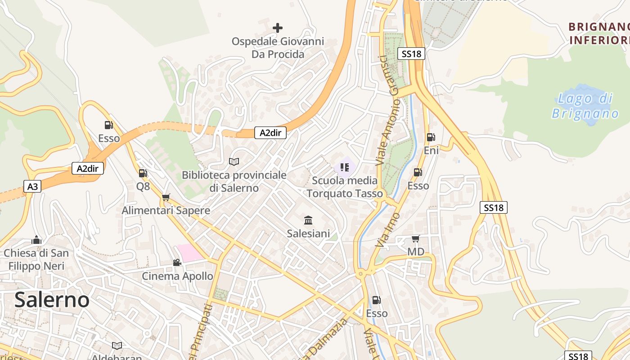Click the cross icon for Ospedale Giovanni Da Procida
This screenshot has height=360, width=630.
(x=278, y=28)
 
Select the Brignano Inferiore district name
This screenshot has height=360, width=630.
(x=599, y=34)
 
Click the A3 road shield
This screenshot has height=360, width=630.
(x=32, y=186)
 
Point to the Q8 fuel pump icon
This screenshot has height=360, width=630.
(x=143, y=173)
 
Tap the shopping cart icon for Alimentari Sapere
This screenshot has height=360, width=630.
(x=166, y=197)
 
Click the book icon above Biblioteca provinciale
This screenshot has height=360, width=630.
(x=234, y=162)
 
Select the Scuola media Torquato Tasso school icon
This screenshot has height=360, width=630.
(x=345, y=168)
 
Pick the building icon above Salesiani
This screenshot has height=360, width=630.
(x=309, y=220)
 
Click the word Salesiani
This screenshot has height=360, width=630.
(x=309, y=234)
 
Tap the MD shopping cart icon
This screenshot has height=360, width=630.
(x=415, y=238)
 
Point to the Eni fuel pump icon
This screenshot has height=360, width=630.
(x=431, y=137)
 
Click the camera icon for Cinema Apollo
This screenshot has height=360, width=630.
(x=177, y=262)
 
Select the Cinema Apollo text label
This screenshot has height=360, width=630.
(x=178, y=276)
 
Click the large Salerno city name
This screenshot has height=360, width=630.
(x=52, y=300)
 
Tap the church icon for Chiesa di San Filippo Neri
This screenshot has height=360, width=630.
(x=37, y=240)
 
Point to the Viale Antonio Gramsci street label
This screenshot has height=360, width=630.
(x=390, y=110)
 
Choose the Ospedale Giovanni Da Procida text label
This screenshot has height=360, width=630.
(x=278, y=48)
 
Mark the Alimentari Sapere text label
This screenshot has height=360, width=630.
(x=166, y=211)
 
